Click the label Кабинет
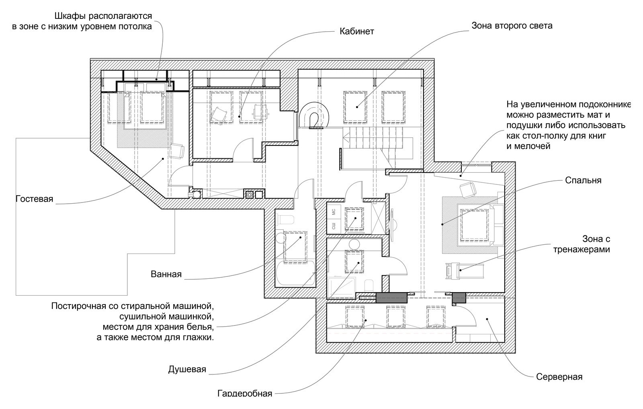pos(356,31)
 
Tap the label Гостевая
pos(34,199)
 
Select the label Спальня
pos(583,180)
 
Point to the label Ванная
pos(166,274)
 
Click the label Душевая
pos(187,369)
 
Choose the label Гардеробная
pos(245,393)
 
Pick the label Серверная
pos(559,377)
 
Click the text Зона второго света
pos(512,26)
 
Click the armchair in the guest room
pos(177,151)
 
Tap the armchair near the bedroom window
pos(467,190)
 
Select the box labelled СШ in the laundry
pos(334,226)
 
